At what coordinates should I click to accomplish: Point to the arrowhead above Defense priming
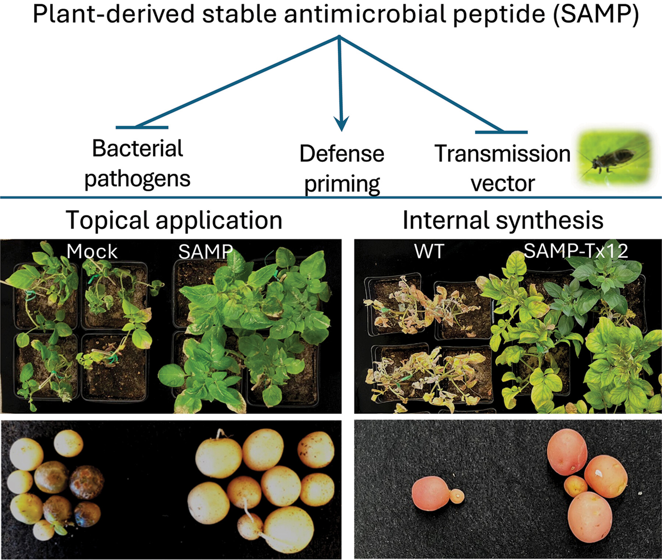(341, 123)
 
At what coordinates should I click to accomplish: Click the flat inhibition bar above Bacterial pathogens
(142, 128)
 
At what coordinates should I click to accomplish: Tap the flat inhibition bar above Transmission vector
(501, 132)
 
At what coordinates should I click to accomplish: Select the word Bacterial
(137, 149)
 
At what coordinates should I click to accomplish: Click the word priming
(342, 184)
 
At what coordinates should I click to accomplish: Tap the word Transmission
(502, 153)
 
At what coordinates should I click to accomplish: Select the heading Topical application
(174, 220)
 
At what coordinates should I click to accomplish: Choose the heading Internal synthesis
(503, 220)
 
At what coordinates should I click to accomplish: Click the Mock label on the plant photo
(92, 252)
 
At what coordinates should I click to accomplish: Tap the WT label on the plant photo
(429, 252)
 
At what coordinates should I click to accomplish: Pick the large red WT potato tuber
(430, 493)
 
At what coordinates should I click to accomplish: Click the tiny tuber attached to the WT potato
(457, 496)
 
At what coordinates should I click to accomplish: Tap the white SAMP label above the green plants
(205, 252)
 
